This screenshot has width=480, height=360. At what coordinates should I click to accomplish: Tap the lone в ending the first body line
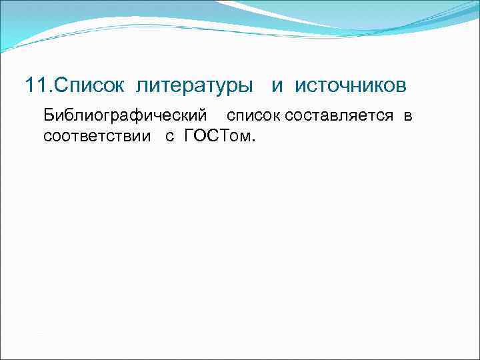click(x=407, y=116)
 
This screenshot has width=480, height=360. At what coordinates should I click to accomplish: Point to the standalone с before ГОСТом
click(x=169, y=137)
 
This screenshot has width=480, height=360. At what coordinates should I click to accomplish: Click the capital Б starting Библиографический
click(x=48, y=115)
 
